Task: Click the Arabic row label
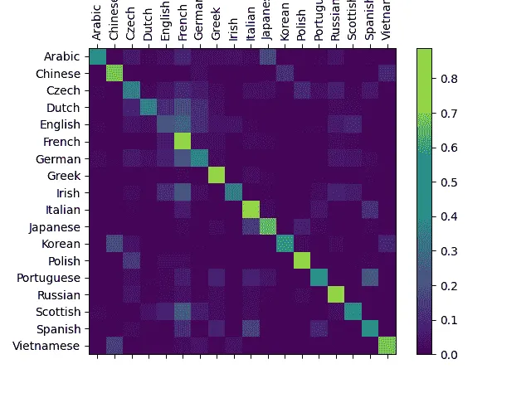click(62, 56)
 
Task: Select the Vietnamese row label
click(52, 346)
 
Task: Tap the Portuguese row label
click(53, 278)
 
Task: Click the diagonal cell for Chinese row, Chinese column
click(114, 74)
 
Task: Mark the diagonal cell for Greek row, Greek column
click(217, 176)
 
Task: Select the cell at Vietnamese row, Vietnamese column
click(387, 346)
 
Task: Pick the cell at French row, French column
click(183, 142)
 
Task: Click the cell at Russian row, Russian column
click(335, 294)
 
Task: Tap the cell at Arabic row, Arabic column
click(97, 56)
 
